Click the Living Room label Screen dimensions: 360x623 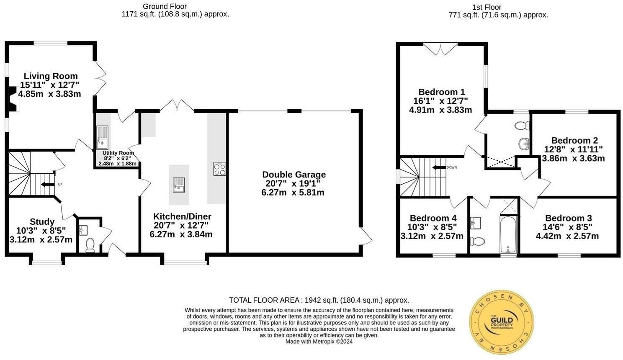pyautogui.click(x=51, y=76)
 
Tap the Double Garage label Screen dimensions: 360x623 pyautogui.click(x=293, y=175)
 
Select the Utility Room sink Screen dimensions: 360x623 pyautogui.click(x=102, y=137)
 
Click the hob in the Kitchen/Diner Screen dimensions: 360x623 pyautogui.click(x=219, y=169)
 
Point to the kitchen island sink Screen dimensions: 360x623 pyautogui.click(x=179, y=184)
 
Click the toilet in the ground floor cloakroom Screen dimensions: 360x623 pyautogui.click(x=90, y=244)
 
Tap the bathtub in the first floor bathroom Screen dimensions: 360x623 pyautogui.click(x=508, y=234)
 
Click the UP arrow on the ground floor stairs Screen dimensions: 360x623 pyautogui.click(x=47, y=184)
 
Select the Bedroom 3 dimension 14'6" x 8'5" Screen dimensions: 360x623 pyautogui.click(x=568, y=227)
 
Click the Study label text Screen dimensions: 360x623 pyautogui.click(x=42, y=222)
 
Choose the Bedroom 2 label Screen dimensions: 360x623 pyautogui.click(x=574, y=140)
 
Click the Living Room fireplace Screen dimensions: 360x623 pyautogui.click(x=13, y=99)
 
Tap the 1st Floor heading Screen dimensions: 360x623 pyautogui.click(x=486, y=7)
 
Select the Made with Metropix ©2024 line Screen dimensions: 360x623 pyautogui.click(x=319, y=342)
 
